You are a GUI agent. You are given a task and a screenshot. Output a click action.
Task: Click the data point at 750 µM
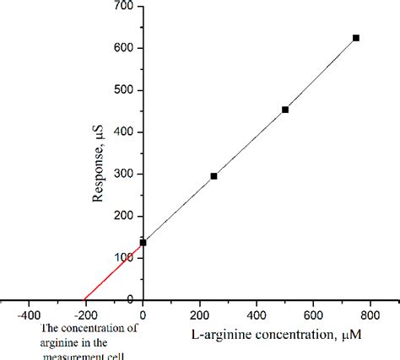tap(355, 38)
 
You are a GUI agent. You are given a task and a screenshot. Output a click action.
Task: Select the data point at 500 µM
tap(285, 110)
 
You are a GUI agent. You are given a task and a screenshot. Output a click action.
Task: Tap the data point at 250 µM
tap(214, 176)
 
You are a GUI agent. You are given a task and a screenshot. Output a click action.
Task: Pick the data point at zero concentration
tap(143, 243)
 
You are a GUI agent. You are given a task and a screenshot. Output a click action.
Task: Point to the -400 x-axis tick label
tap(29, 309)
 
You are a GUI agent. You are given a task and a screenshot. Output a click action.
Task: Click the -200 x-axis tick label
tap(85, 309)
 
